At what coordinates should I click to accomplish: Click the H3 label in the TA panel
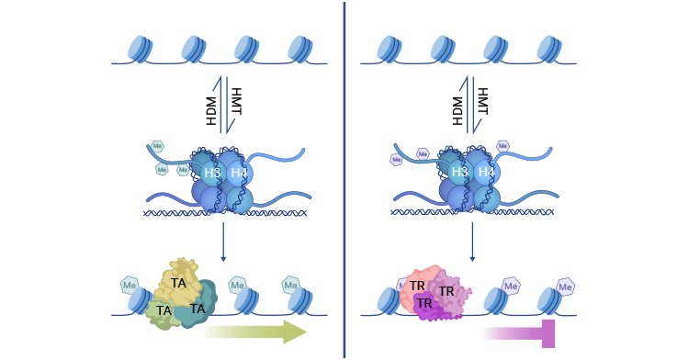pos(212,173)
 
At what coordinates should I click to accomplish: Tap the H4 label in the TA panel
pos(239,173)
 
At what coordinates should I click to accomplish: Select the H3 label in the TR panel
pos(459,172)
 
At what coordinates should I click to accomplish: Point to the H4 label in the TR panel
pos(486,172)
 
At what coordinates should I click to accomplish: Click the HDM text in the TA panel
pos(212,110)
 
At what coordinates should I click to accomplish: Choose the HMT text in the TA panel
pos(235,101)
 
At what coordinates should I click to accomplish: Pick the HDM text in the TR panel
pos(458,110)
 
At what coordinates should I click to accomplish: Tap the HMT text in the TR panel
pos(481,101)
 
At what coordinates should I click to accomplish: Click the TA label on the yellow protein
pos(178,284)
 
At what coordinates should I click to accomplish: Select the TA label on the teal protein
pos(198,309)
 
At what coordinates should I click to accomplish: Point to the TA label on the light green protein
pos(164,311)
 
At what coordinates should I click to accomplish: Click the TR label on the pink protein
pos(417,287)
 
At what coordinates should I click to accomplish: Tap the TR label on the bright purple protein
pos(424,304)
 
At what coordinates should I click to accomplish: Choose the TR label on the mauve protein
pos(446,292)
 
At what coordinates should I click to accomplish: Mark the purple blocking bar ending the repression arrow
pos(548,333)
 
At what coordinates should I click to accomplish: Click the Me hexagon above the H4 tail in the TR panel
pos(503,146)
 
